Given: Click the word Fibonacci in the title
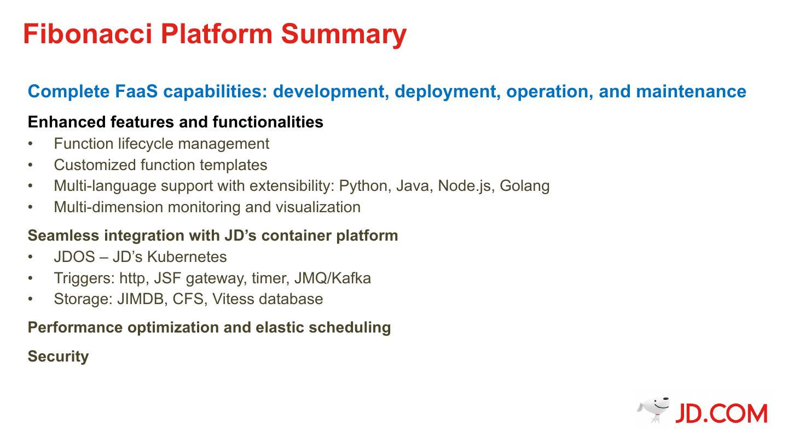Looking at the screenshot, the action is click(x=88, y=34).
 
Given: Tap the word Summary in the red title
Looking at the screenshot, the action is click(x=344, y=35).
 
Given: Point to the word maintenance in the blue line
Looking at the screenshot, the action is click(x=691, y=91).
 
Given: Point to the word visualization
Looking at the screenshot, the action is click(x=318, y=207).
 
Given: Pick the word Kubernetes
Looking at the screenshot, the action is click(x=187, y=257).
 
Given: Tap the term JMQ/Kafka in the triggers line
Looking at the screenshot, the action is click(x=333, y=278).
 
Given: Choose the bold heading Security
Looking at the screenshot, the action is click(x=58, y=357).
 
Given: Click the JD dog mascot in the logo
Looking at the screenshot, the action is click(x=653, y=410).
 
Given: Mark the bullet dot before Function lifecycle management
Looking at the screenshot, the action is click(x=31, y=144).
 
